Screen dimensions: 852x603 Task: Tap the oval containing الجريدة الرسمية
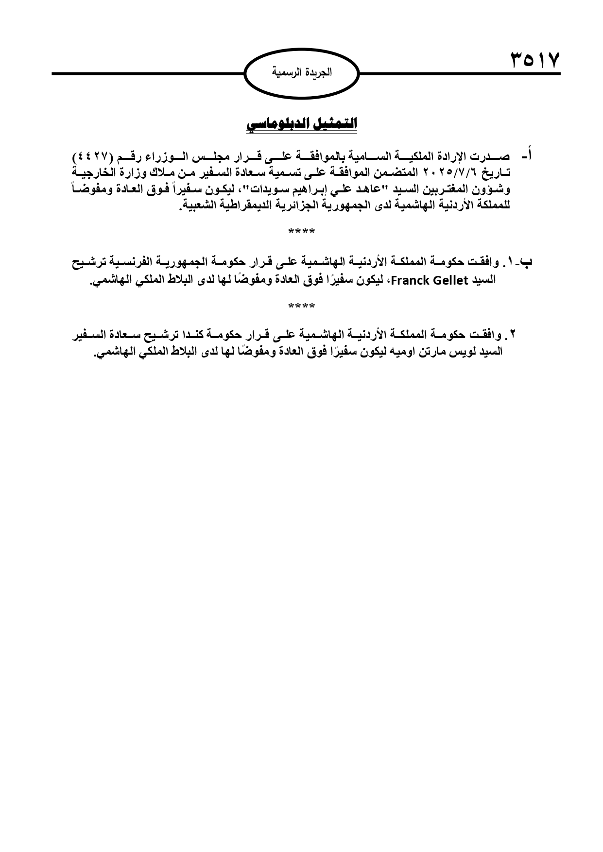(x=301, y=73)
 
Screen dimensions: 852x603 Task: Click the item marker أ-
(x=526, y=157)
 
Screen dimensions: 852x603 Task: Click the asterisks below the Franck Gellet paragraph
(x=301, y=307)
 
